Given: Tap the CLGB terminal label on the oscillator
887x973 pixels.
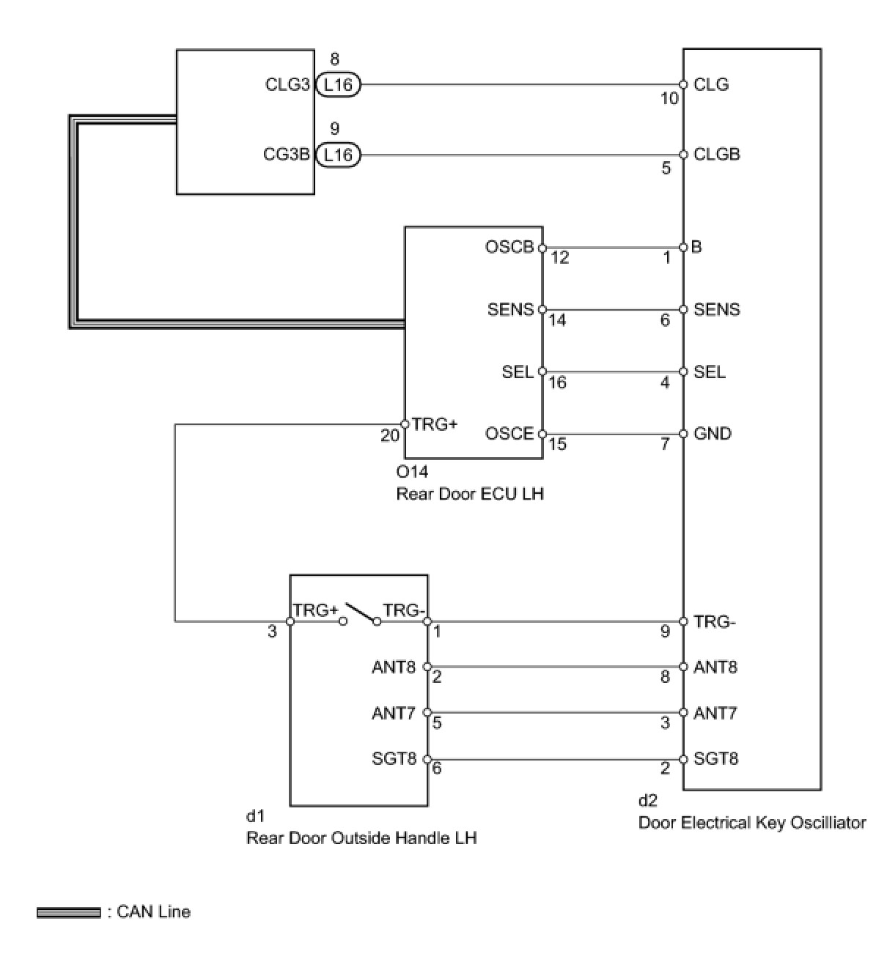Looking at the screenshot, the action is coord(717,155).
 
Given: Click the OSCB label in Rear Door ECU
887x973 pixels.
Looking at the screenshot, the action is coord(509,247).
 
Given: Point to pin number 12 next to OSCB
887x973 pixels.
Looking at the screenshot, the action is coord(559,258).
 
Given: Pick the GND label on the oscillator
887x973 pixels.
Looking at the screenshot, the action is coord(713,433).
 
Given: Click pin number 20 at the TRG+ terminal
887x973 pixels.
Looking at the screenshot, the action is coord(389,436).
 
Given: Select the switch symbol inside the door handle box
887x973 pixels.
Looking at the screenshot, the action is coord(360,613).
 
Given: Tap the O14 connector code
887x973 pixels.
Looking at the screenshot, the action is coord(412,471).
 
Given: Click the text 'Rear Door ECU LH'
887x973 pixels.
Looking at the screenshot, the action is coord(469,494).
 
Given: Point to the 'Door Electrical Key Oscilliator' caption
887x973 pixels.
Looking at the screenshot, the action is coord(751,823).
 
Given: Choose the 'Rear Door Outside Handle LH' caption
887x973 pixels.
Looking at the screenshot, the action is coord(361,837).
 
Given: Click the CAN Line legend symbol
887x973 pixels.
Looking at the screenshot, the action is coord(68,913).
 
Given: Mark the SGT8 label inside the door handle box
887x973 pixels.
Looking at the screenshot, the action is coord(394,758).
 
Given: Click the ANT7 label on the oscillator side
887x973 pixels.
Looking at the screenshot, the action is coord(715,713).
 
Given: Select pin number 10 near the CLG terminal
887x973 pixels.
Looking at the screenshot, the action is coord(669,98).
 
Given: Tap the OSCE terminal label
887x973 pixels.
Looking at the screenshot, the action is coord(509,433).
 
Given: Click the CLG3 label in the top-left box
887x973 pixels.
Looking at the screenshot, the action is coord(287,84).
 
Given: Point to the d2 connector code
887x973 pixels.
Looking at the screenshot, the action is coord(647,800).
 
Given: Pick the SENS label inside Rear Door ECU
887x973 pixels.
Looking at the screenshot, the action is coord(510,309).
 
